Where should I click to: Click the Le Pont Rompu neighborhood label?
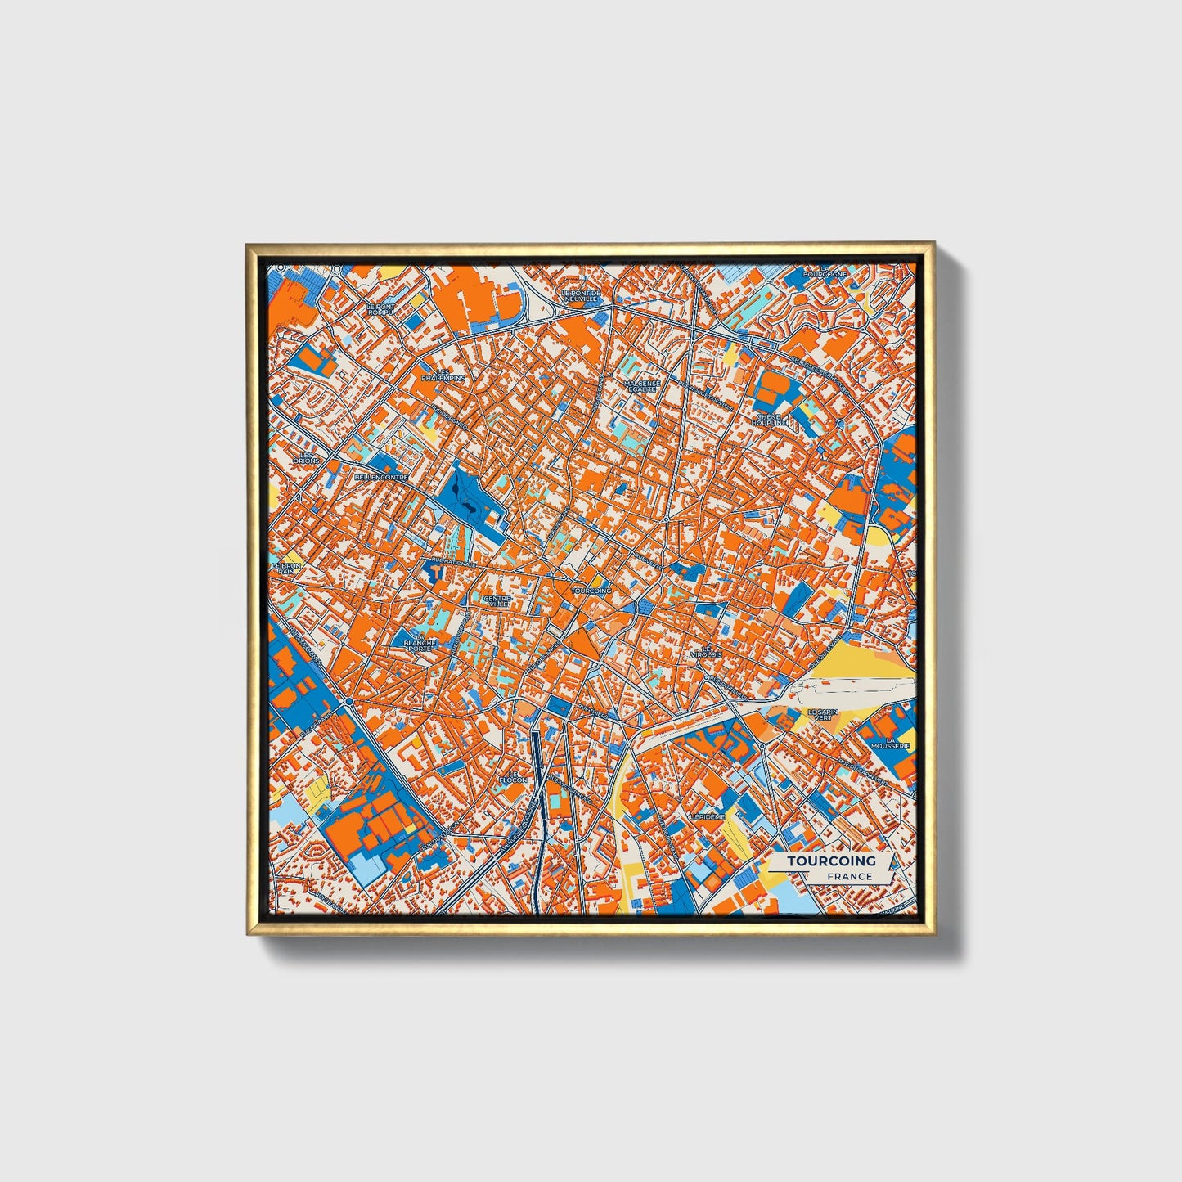pos(380,309)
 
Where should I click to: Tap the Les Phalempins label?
pos(443,375)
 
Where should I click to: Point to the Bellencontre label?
pos(380,476)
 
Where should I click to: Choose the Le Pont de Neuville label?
pos(581,295)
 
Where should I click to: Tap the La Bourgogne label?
pos(824,272)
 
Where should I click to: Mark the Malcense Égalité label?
pos(641,385)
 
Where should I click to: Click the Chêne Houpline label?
pos(770,419)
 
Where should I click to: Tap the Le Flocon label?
pos(513,776)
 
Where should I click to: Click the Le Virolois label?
pos(707,652)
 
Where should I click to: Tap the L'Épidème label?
pos(707,816)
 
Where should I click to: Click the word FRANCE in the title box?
pos(849,876)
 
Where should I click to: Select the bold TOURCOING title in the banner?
pos(831,861)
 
